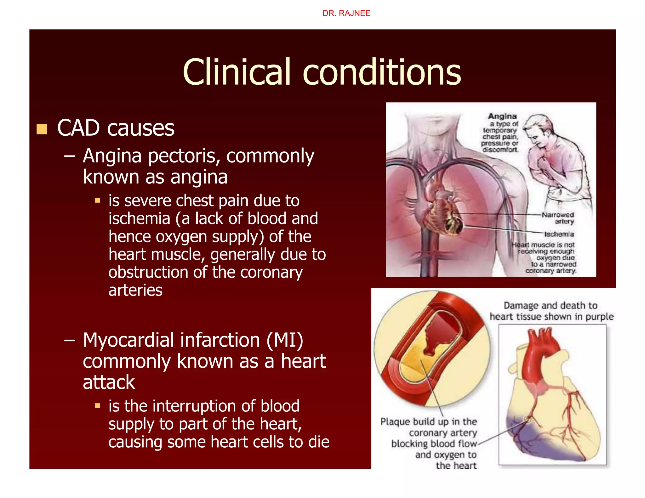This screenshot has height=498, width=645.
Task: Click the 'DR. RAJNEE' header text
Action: pos(346,13)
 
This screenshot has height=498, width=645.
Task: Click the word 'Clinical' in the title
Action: pos(236,72)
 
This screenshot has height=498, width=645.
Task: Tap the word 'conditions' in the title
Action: pos(382,72)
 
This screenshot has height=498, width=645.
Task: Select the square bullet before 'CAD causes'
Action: pos(42,129)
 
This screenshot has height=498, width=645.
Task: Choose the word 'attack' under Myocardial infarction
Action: pos(109,382)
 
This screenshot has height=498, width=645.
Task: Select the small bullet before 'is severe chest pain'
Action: pos(98,200)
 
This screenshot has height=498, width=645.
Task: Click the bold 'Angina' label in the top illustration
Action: pos(502,116)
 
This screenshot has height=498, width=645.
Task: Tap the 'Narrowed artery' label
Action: pos(557,218)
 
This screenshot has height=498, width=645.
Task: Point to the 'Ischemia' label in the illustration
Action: pos(559,234)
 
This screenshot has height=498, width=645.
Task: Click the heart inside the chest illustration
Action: pos(444,211)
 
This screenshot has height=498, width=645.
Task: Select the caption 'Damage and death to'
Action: pos(550,305)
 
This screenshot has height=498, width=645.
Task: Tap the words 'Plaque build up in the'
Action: pos(428,422)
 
